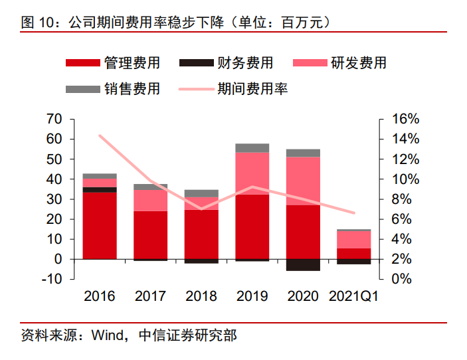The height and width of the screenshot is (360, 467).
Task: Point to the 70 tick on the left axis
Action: [x=54, y=120]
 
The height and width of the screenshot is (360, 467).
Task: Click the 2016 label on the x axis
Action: [x=100, y=296]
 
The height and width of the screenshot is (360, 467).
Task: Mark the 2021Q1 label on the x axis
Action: [x=353, y=296]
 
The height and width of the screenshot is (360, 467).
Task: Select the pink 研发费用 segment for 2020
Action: [x=303, y=181]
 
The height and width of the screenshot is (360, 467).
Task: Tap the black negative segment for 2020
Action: [x=303, y=264]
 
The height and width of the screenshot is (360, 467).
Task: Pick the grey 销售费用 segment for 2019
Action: [x=252, y=147]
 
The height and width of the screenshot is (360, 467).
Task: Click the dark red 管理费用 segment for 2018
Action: [x=201, y=234]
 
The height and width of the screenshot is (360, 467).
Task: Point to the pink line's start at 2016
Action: [x=100, y=135]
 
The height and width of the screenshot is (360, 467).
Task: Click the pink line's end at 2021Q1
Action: [x=354, y=213]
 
